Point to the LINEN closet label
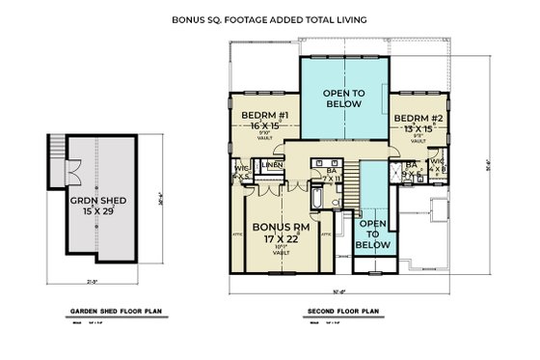pyautogui.click(x=272, y=166)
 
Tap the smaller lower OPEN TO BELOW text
pyautogui.click(x=371, y=235)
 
